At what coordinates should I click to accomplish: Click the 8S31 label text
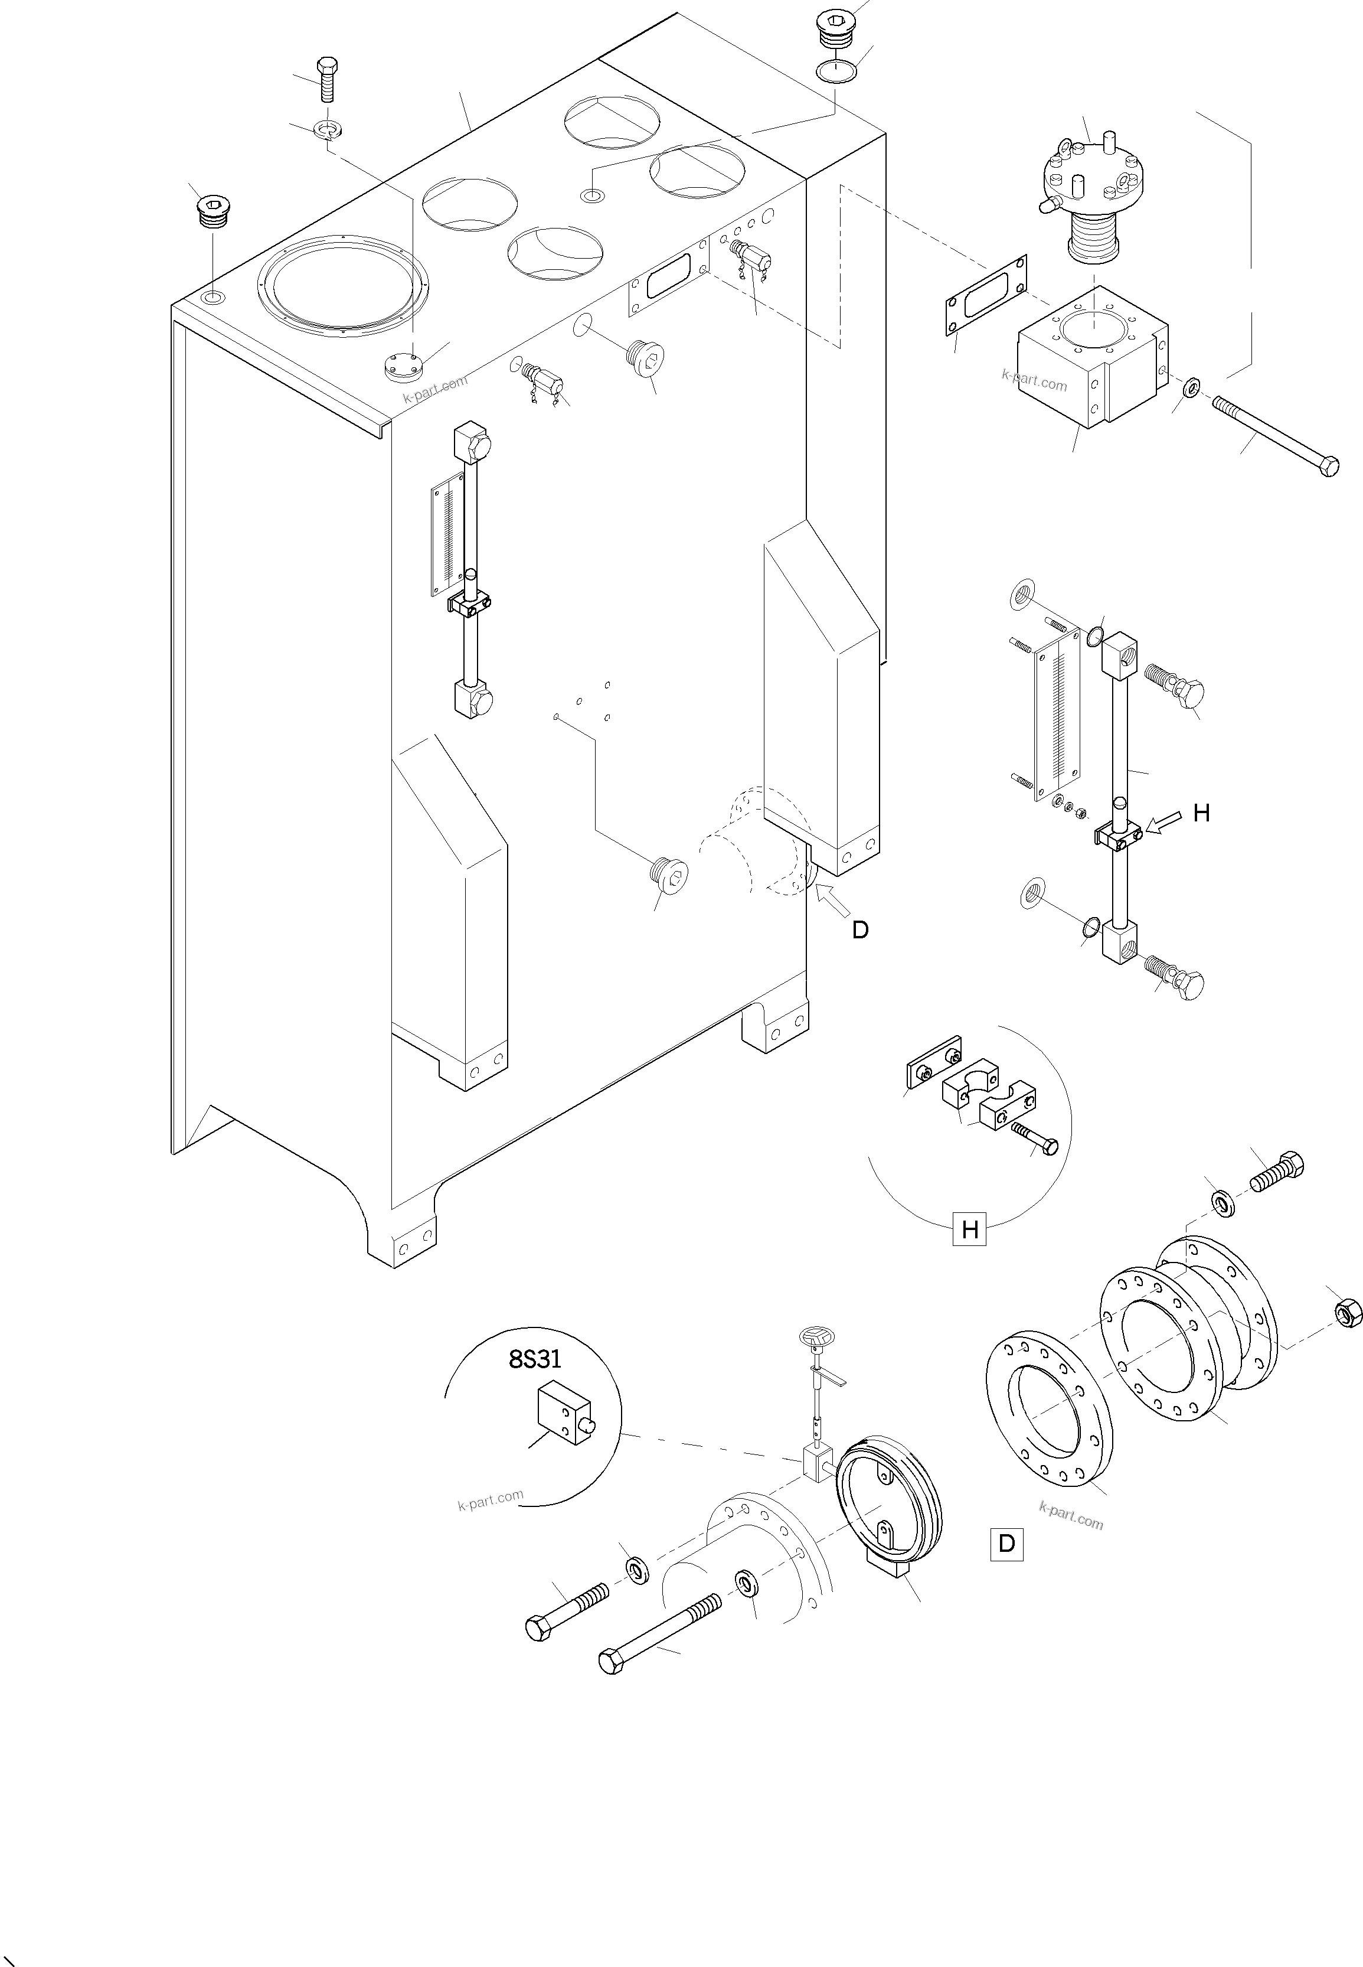point(535,1359)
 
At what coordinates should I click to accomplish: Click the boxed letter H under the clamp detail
point(969,1230)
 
